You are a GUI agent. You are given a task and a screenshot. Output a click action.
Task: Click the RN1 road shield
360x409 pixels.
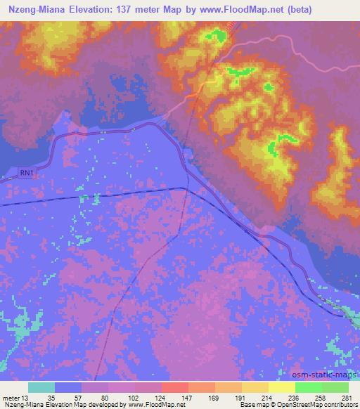pyautogui.click(x=27, y=173)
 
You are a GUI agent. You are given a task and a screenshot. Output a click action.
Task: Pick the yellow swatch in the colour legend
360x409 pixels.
pyautogui.click(x=281, y=387)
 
